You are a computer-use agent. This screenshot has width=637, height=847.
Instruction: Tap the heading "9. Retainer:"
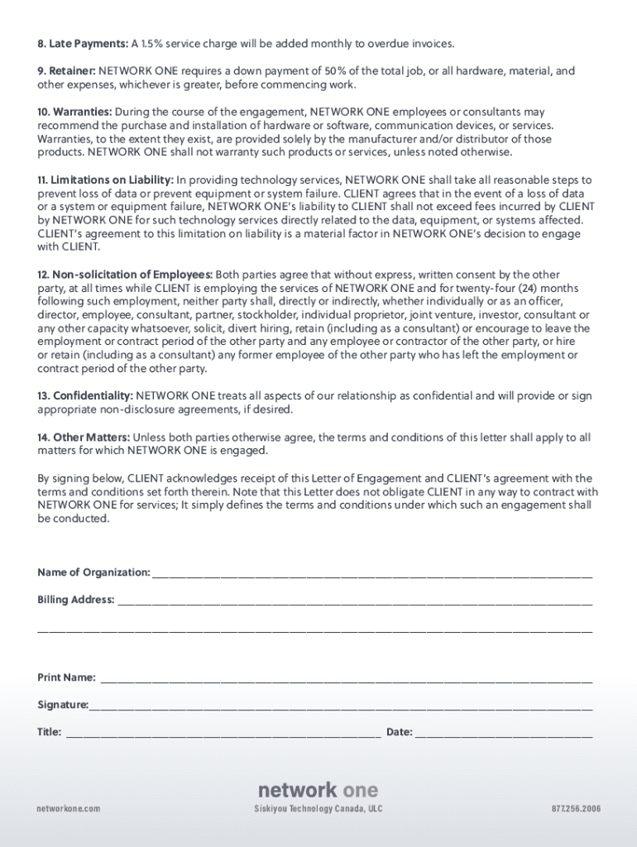tap(67, 71)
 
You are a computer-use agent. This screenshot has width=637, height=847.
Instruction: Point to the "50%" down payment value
tap(441, 71)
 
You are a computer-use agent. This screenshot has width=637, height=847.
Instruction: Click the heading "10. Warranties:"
tap(74, 112)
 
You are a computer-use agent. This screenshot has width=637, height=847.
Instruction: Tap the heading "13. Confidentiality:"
tap(85, 396)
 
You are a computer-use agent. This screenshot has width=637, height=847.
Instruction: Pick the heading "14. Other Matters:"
tap(84, 437)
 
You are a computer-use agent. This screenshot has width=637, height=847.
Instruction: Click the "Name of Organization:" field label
tap(93, 572)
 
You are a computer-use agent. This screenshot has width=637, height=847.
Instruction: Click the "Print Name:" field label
tap(66, 677)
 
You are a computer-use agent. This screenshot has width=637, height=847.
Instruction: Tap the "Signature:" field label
tap(63, 705)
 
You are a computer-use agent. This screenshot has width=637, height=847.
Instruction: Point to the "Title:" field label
tap(49, 732)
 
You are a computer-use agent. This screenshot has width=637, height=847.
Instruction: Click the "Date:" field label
tap(400, 732)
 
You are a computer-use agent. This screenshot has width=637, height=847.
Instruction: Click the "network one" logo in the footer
tap(318, 789)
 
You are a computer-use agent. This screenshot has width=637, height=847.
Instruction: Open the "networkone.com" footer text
tap(69, 809)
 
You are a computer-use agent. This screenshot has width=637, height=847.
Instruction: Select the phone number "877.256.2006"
tap(576, 809)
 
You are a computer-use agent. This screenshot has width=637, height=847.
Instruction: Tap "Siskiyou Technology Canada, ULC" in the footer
tap(318, 809)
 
